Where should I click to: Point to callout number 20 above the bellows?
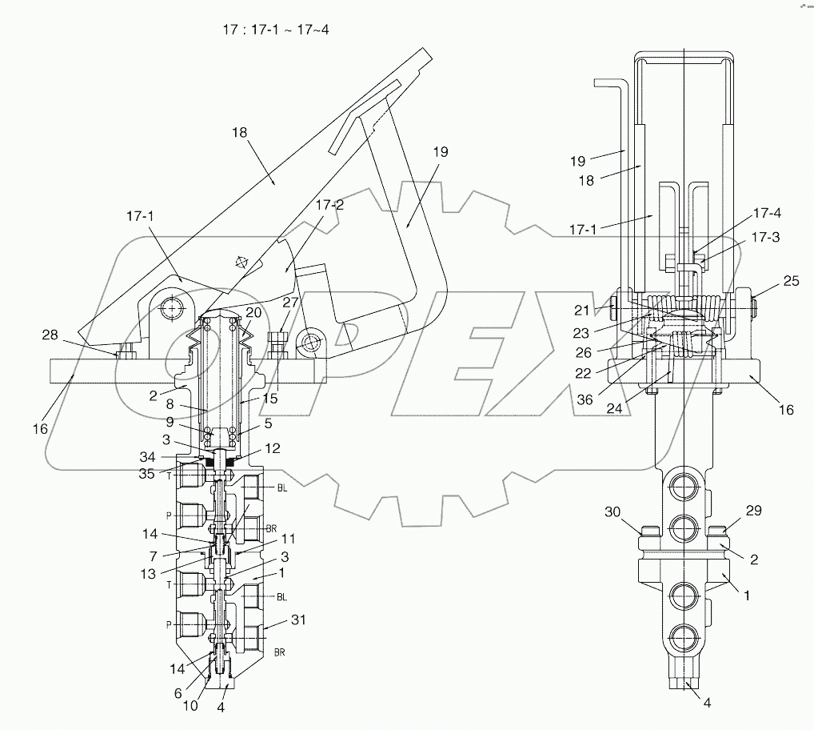pyautogui.click(x=253, y=312)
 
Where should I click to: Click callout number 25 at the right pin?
pyautogui.click(x=790, y=282)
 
